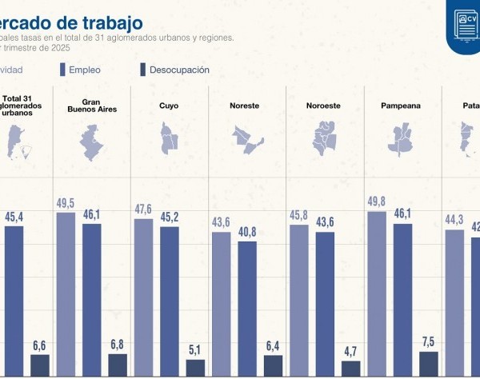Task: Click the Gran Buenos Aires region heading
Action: (89, 105)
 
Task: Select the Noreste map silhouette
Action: (246, 139)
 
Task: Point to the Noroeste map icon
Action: (325, 138)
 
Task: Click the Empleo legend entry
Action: (84, 70)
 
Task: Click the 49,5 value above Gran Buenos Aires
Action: (66, 203)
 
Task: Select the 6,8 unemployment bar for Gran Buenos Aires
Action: (118, 365)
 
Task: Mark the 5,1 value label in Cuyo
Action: (195, 349)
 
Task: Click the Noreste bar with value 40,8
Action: (247, 309)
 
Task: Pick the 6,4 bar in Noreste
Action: (274, 366)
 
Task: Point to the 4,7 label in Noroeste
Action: (351, 351)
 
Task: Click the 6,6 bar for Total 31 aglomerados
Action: (39, 365)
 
